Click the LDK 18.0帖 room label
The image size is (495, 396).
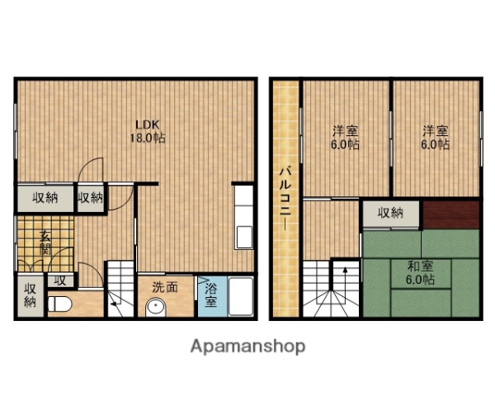(x=147, y=132)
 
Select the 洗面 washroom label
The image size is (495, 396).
(x=164, y=288)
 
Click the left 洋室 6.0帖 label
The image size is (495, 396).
(x=346, y=137)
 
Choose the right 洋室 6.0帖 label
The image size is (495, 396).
(x=436, y=137)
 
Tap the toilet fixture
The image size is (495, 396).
(x=59, y=304)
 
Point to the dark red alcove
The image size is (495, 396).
(x=450, y=214)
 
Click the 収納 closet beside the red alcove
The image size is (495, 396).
(x=391, y=213)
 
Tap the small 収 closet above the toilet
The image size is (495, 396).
(x=59, y=280)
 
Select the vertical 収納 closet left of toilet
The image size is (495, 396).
(x=30, y=295)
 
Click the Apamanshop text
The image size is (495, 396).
(x=248, y=346)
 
